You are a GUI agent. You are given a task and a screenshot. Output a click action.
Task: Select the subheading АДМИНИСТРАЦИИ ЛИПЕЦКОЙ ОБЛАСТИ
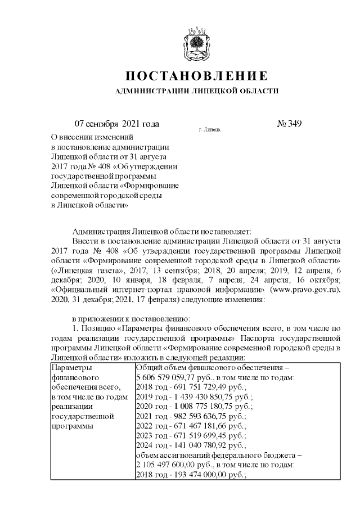click(196, 91)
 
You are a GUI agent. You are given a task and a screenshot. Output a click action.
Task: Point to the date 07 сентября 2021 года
click(117, 124)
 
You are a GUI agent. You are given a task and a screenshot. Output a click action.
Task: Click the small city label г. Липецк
click(209, 129)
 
